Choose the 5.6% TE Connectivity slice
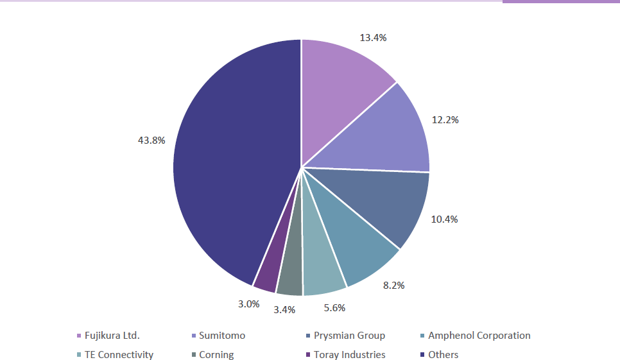pyautogui.click(x=322, y=270)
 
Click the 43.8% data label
pyautogui.click(x=151, y=141)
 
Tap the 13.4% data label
pyautogui.click(x=373, y=38)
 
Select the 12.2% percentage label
pyautogui.click(x=445, y=120)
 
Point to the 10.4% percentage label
pyautogui.click(x=444, y=219)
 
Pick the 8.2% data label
pyautogui.click(x=393, y=285)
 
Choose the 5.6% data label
pyautogui.click(x=334, y=308)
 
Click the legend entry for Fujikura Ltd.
pyautogui.click(x=112, y=336)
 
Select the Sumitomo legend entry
pyautogui.click(x=221, y=336)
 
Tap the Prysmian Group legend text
pyautogui.click(x=349, y=336)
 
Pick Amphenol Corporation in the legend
pyautogui.click(x=479, y=336)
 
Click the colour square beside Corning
pyautogui.click(x=193, y=355)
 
